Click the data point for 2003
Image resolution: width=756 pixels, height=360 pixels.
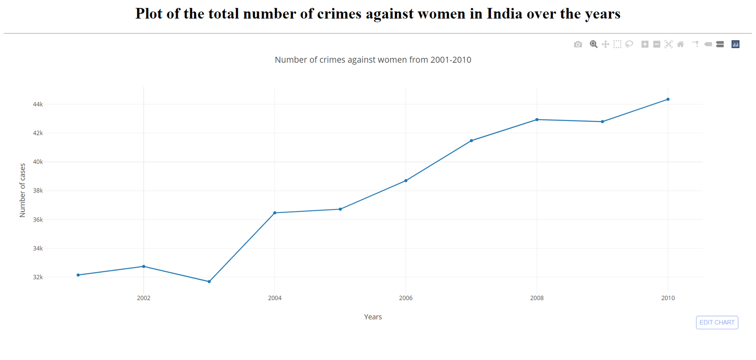click(209, 282)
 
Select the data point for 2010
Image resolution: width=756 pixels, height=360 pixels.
click(668, 99)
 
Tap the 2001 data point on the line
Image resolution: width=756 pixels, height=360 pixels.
click(78, 275)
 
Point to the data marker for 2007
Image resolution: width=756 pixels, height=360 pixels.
click(472, 141)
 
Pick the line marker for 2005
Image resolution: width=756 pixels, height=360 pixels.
click(340, 209)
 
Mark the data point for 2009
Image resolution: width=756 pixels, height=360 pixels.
click(602, 122)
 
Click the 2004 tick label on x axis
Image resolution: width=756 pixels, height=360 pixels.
click(275, 298)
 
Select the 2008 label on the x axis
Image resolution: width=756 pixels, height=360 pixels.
click(537, 298)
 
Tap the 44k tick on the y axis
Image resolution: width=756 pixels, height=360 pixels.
click(38, 104)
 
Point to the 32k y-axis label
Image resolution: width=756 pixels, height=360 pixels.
click(38, 277)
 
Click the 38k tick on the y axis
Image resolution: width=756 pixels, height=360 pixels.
click(38, 191)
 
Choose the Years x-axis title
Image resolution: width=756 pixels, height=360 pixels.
click(373, 317)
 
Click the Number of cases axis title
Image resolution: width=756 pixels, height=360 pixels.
click(22, 190)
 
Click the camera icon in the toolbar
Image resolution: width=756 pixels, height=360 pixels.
click(578, 44)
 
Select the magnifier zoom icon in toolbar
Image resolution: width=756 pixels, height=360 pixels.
click(593, 44)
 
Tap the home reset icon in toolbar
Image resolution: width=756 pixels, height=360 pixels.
click(680, 44)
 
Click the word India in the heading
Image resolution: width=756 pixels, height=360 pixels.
click(505, 14)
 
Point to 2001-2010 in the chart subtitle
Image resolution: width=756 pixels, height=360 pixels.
click(451, 60)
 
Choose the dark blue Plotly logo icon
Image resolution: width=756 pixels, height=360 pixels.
click(735, 44)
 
